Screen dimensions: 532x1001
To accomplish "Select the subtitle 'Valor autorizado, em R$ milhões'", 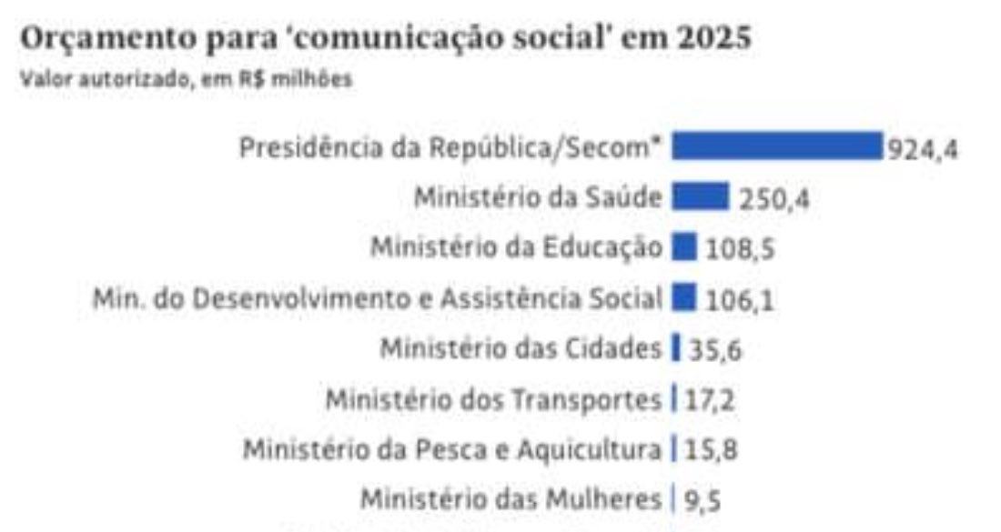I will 186,80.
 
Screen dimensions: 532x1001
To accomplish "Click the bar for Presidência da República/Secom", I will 777,146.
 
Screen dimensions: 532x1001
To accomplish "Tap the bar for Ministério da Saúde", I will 700,196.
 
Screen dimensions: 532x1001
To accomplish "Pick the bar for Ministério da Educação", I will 684,246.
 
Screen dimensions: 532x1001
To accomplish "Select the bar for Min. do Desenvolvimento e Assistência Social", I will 684,297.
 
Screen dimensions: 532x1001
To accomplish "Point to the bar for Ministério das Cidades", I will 676,347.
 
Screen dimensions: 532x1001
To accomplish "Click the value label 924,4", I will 923,148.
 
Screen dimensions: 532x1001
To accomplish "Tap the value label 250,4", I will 773,198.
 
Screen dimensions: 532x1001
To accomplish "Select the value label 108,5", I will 739,248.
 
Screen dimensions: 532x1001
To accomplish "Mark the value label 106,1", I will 739,299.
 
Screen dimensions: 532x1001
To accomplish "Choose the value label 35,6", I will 716,349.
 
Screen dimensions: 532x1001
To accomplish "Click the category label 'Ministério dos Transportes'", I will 493,399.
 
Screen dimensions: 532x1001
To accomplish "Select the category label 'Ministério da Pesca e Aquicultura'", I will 451,449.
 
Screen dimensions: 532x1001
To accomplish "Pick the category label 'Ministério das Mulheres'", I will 511,499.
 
